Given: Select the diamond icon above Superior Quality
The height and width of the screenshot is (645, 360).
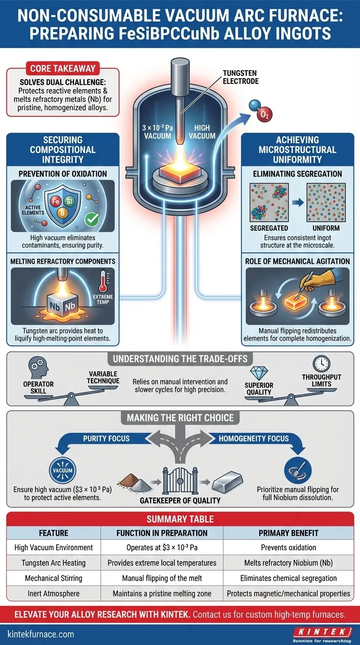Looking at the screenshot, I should coord(259,374).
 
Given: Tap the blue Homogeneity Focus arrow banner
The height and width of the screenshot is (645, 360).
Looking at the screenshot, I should coord(254,439).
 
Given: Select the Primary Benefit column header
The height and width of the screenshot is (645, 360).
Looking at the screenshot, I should coord(289,532).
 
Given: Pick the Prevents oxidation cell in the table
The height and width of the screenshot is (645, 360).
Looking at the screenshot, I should coord(289,547).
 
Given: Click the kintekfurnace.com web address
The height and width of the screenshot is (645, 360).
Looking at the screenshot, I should coord(41,634).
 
